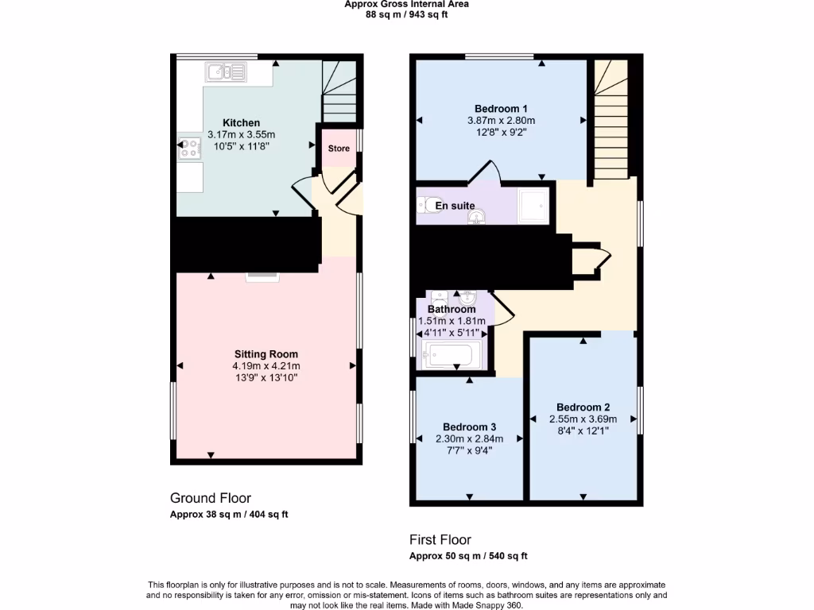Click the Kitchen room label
[241, 122]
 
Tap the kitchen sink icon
[227, 72]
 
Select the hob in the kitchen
[190, 146]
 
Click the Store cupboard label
[339, 149]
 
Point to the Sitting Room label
[266, 353]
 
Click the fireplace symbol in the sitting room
[262, 276]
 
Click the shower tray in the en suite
[533, 206]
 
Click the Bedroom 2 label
[583, 407]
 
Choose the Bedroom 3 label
[469, 427]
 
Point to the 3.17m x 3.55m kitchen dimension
[241, 135]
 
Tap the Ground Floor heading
[211, 498]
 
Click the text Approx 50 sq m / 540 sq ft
[468, 556]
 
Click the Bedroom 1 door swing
[486, 170]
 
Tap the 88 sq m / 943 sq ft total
[406, 14]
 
